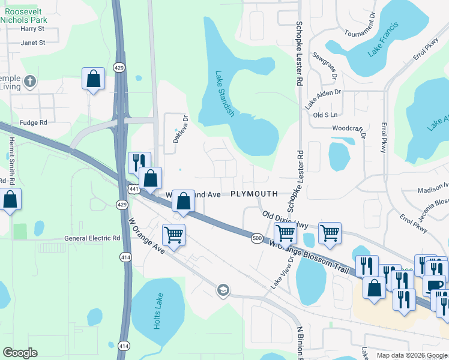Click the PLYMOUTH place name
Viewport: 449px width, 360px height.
click(x=254, y=194)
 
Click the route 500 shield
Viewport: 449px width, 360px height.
click(x=256, y=238)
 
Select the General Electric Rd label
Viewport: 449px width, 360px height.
click(x=92, y=238)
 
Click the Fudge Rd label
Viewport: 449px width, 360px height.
click(x=33, y=122)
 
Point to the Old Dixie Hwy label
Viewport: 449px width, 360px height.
click(x=285, y=219)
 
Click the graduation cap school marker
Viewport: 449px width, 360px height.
click(x=223, y=290)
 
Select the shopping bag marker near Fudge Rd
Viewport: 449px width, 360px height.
click(x=94, y=79)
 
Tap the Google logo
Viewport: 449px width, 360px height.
click(x=20, y=353)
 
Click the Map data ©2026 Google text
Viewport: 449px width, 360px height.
click(x=411, y=355)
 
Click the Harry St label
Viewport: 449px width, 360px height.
click(x=32, y=28)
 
